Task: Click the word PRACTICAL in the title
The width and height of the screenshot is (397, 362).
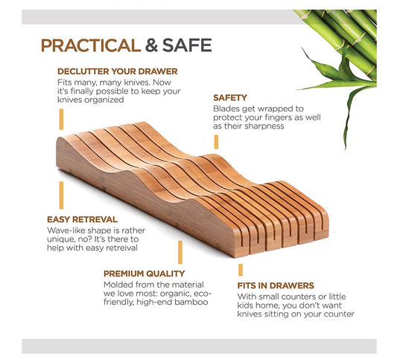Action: pos(91,45)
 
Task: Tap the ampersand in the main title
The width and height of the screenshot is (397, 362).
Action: pos(151,45)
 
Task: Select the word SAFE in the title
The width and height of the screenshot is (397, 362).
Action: pos(187,45)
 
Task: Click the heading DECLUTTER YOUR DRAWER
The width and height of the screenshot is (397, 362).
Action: pos(117,71)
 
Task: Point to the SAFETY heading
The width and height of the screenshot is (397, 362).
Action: pos(230,98)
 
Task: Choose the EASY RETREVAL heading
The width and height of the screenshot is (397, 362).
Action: pos(82,219)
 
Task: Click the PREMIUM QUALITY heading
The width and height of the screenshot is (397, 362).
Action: pos(144,274)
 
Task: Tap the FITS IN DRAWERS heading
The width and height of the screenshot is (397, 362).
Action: pos(276,285)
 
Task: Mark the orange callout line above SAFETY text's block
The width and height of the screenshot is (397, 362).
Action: pos(216,142)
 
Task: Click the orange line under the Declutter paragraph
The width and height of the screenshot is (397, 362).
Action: pos(61,119)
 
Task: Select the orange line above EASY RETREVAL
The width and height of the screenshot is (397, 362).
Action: pos(61,195)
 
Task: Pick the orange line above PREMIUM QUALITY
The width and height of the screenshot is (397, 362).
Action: pos(180,253)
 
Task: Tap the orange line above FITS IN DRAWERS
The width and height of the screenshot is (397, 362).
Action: pos(241,270)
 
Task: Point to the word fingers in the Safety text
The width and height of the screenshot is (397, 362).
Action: pos(278,118)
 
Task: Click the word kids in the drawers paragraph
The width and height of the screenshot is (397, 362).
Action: pos(245,306)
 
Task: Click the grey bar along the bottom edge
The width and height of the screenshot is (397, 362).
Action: pos(200,346)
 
